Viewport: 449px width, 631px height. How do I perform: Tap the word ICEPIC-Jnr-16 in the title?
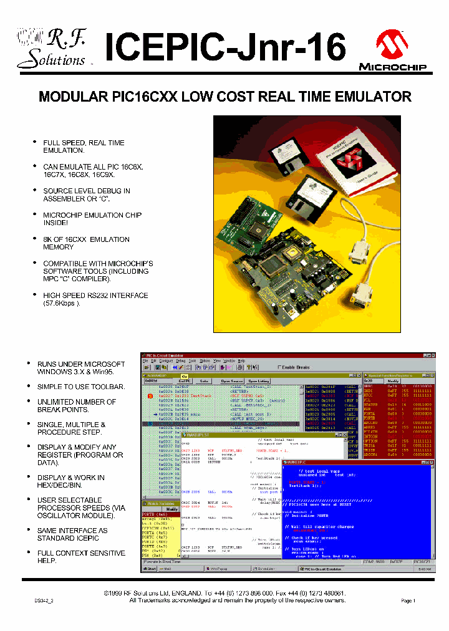[224, 47]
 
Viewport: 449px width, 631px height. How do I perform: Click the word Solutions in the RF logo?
[51, 60]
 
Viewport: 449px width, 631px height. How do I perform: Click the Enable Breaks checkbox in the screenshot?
[280, 367]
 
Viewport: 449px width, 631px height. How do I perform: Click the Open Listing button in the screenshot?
[259, 381]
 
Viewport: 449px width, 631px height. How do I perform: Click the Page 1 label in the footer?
[407, 600]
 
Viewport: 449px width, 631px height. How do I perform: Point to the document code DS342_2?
[44, 600]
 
